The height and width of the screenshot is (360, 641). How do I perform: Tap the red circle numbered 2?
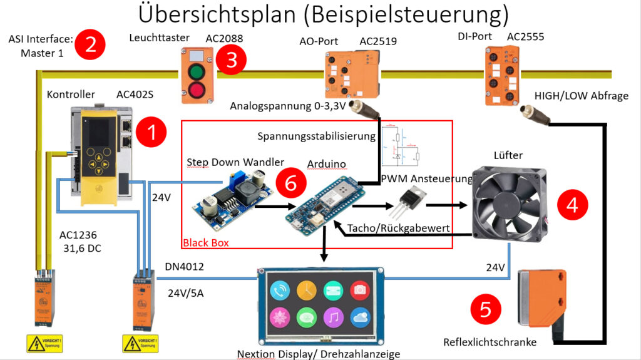pos(91,46)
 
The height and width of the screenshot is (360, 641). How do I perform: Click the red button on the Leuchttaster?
pos(198,88)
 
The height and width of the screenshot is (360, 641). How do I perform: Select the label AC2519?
pos(377,41)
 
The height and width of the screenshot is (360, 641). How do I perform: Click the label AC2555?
pos(525,37)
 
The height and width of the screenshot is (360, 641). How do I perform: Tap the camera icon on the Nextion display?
pos(360,289)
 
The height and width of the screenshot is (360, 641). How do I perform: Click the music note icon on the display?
pos(333,317)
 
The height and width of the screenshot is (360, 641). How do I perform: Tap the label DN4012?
pos(185,267)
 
